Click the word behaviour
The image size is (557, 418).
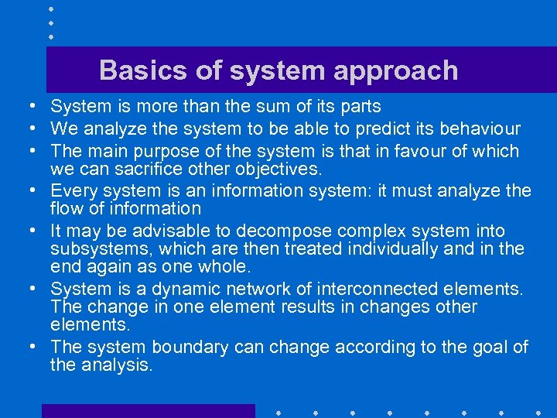pos(482,128)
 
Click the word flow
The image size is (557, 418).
pos(66,208)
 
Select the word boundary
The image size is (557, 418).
pos(189,348)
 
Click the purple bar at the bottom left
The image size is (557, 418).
pos(148,411)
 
